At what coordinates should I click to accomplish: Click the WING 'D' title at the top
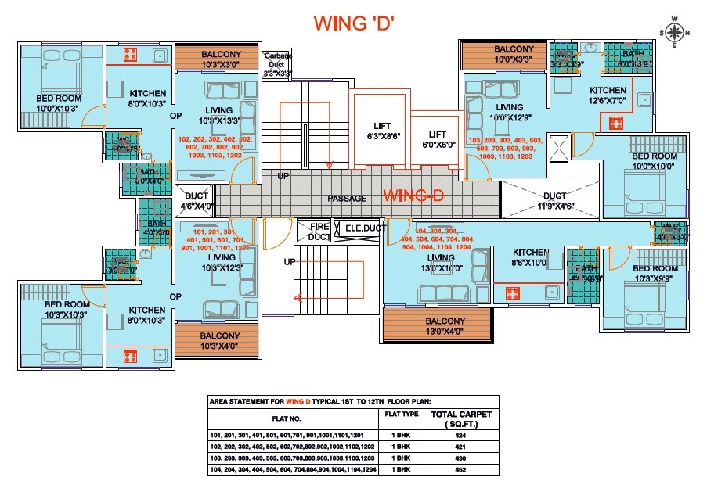tap(353, 23)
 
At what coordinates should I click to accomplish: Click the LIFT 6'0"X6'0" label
tap(437, 139)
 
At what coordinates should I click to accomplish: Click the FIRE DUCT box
tap(319, 231)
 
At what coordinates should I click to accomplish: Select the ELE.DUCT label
tap(359, 229)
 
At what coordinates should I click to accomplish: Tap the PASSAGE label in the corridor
tap(347, 198)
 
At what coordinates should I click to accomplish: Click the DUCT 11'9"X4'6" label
tap(554, 201)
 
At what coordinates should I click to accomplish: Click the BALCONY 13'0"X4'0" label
tap(445, 325)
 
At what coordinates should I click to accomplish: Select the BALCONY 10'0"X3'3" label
tap(513, 53)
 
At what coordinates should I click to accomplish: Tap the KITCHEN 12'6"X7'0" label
tap(608, 95)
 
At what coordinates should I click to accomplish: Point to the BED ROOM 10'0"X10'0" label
tap(654, 161)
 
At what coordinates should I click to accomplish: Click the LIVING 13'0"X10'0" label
tap(441, 263)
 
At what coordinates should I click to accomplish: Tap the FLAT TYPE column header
tap(399, 415)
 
